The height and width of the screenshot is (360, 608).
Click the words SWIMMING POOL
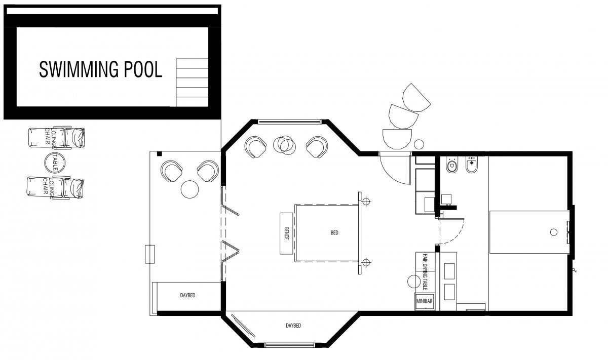pos(101,70)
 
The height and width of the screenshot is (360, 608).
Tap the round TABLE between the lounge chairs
pos(55,163)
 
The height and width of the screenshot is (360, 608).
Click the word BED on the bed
pos(334,232)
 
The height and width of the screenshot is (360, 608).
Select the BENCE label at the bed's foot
pos(286,233)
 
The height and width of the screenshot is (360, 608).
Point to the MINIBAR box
pos(424,301)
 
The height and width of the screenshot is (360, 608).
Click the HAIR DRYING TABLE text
pos(425,272)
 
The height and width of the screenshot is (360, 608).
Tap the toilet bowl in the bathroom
pos(452,165)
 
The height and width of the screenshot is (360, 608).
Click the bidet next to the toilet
pos(472,165)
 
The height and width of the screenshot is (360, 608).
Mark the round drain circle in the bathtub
pos(554,232)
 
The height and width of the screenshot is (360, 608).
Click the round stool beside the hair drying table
pos(414,282)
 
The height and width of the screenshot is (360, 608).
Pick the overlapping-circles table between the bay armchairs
pos(284,145)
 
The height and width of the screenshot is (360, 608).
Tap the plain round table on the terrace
pos(189,189)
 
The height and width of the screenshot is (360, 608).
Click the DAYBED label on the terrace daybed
pos(187,295)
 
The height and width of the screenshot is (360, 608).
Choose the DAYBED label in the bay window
pos(293,325)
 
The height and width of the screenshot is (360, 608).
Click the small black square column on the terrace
pos(159,154)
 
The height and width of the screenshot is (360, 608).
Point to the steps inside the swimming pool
pos(192,83)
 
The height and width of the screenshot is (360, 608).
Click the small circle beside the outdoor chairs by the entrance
pos(419,144)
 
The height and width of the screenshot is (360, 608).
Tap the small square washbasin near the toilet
pos(446,199)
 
